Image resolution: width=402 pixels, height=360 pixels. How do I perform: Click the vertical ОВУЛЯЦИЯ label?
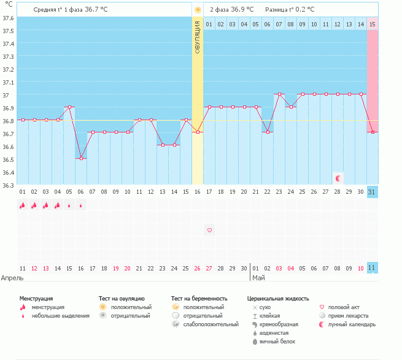tap(197, 37)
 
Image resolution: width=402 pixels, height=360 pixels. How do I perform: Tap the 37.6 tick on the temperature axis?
tap(7, 18)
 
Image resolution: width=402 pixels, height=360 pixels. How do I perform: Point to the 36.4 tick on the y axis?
tap(7, 172)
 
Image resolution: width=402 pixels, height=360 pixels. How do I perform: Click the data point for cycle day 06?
tap(81, 158)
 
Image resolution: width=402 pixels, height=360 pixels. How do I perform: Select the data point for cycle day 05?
tap(69, 107)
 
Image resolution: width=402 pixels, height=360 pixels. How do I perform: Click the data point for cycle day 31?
tap(373, 132)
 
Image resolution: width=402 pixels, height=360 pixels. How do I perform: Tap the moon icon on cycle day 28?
tap(338, 178)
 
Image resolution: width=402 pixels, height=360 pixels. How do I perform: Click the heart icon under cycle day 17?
tap(209, 230)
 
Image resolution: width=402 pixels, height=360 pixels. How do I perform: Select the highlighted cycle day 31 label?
tap(373, 192)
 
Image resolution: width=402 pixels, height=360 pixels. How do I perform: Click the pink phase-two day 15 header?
tap(373, 24)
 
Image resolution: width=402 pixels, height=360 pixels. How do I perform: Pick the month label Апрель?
tap(13, 278)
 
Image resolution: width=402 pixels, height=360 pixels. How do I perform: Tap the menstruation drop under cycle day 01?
tap(22, 205)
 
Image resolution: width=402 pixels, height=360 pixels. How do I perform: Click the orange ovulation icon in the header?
tap(198, 10)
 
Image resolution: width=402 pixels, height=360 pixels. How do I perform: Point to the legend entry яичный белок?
tap(279, 342)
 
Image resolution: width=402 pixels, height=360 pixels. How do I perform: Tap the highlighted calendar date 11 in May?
tap(373, 268)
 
